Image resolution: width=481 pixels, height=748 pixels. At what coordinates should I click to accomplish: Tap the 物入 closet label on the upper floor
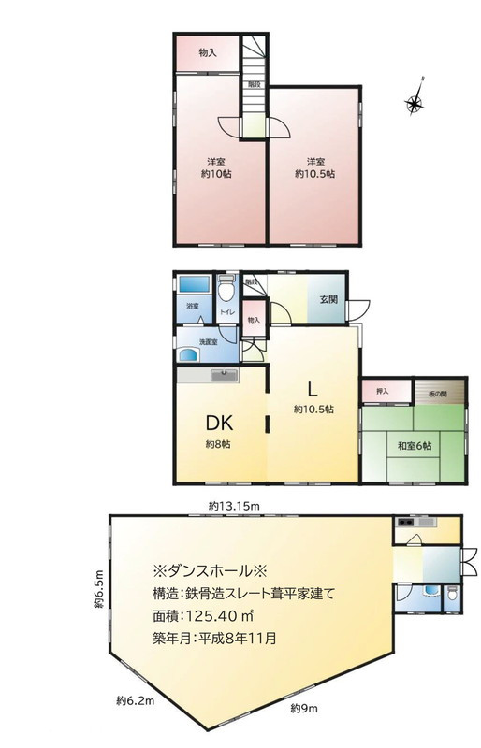pos(208,54)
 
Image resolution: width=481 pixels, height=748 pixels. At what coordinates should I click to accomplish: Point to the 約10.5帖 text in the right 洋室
pos(314,166)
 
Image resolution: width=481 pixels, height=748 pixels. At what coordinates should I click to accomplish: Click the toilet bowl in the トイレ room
pos(225,284)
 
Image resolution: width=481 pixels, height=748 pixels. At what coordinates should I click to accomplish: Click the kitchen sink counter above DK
pos(225,376)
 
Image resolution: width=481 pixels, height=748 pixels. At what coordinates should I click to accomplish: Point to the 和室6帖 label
pos(413,446)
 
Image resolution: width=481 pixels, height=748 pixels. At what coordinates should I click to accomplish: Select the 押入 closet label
pos(382,392)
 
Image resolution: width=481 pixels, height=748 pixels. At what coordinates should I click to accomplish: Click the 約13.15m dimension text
pos(234,506)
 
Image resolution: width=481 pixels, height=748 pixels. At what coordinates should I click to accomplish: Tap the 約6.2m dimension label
pos(135,699)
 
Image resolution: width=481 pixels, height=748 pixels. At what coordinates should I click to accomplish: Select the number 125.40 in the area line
pos(214,617)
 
